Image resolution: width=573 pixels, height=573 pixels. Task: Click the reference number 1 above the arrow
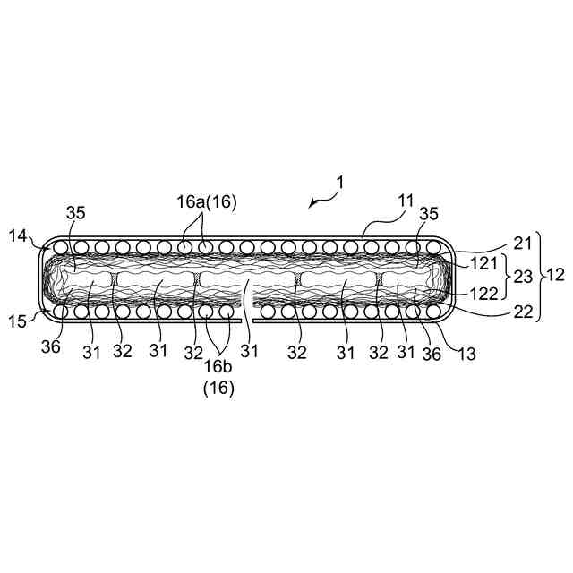coord(339,182)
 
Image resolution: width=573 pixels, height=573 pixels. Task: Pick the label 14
coord(18,236)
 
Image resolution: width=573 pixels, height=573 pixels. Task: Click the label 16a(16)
coord(206,203)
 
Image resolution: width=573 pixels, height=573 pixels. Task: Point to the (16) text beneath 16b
coord(218,389)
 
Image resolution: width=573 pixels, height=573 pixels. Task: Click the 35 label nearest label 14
coord(76,213)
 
